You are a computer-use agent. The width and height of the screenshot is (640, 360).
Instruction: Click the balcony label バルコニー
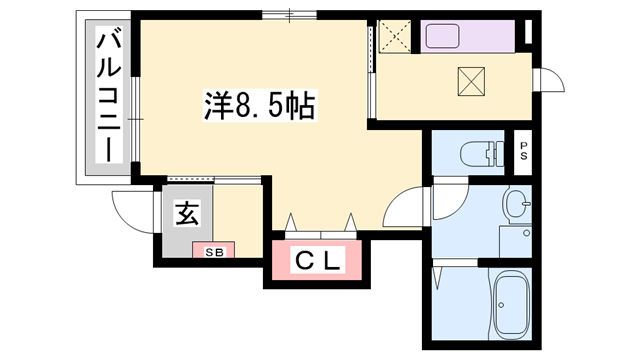click(109, 97)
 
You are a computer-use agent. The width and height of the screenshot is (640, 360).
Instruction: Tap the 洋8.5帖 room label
click(259, 104)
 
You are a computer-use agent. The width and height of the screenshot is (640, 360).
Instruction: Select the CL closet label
click(318, 262)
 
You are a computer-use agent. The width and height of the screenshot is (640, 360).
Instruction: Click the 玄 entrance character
click(186, 213)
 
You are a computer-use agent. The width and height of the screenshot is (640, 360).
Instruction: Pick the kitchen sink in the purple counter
click(455, 37)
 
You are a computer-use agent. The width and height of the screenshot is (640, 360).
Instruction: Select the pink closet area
click(318, 262)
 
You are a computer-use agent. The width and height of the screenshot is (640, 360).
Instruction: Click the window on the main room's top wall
click(291, 14)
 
